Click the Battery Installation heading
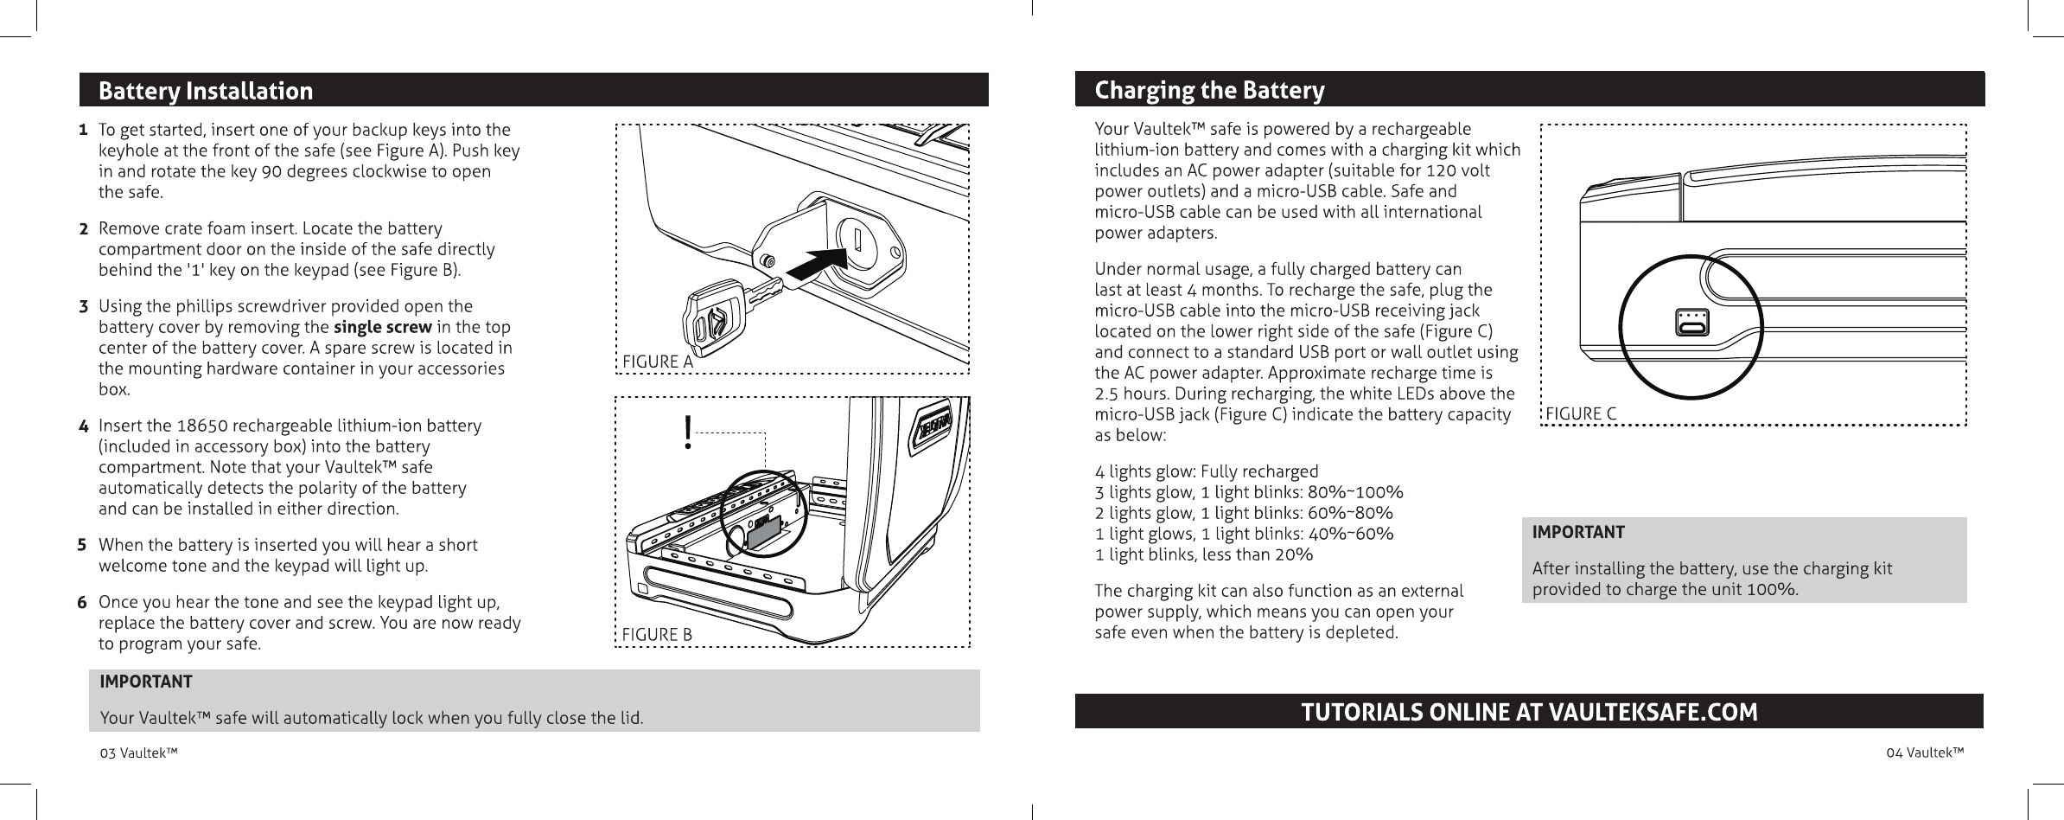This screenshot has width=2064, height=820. pyautogui.click(x=206, y=91)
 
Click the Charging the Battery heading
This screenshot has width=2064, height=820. pyautogui.click(x=1209, y=90)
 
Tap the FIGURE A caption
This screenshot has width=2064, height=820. pyautogui.click(x=658, y=362)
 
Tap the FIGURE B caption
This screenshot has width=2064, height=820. pyautogui.click(x=658, y=635)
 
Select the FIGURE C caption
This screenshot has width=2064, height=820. pyautogui.click(x=1581, y=413)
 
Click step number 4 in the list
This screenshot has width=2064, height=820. pyautogui.click(x=83, y=426)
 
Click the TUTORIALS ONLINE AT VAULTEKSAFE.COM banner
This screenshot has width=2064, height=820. pyautogui.click(x=1529, y=712)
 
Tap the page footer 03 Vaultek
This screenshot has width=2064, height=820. pyautogui.click(x=139, y=753)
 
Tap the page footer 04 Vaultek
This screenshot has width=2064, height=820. pyautogui.click(x=1924, y=753)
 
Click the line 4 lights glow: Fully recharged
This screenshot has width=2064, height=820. pyautogui.click(x=1207, y=472)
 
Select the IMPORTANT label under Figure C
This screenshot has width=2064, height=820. pyautogui.click(x=1578, y=532)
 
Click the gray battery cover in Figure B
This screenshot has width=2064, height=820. pyautogui.click(x=764, y=533)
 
